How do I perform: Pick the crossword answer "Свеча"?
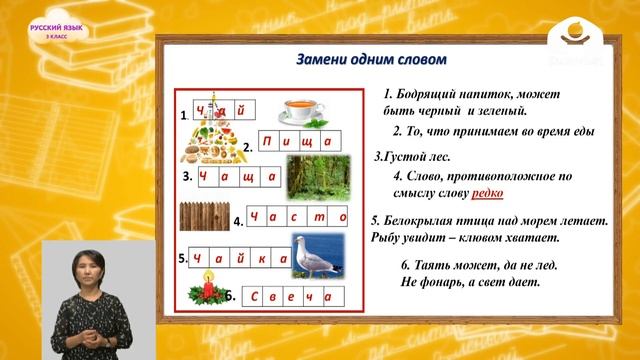click(x=292, y=297)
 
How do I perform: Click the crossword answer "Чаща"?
click(x=239, y=177)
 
